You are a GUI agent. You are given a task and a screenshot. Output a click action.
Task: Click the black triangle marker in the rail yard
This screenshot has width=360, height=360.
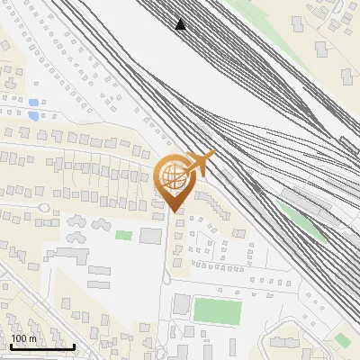[181, 24]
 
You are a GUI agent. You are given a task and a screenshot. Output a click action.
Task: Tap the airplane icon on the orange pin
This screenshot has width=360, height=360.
[198, 164]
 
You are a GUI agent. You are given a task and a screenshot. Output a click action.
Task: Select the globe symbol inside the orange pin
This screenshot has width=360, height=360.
[170, 174]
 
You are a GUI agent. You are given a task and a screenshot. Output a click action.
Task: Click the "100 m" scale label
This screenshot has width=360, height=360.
[23, 338]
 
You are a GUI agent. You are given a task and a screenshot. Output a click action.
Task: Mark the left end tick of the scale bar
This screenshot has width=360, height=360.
[11, 346]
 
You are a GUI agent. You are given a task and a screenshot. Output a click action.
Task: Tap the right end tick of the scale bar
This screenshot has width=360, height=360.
[74, 346]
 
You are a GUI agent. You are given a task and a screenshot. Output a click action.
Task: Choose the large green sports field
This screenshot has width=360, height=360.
[217, 311]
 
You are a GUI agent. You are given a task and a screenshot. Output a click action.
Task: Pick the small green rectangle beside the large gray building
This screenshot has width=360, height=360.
[123, 235]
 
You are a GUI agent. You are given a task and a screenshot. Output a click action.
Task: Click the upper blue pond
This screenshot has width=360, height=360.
[33, 103]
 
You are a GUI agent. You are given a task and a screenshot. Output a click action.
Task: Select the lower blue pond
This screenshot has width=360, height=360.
[33, 115]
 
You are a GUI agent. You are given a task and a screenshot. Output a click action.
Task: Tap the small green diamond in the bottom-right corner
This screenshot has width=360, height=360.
[342, 339]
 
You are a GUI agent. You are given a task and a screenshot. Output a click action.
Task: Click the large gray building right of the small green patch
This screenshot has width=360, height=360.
[151, 236]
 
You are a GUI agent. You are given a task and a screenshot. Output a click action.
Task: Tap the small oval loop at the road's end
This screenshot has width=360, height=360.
[167, 278]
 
